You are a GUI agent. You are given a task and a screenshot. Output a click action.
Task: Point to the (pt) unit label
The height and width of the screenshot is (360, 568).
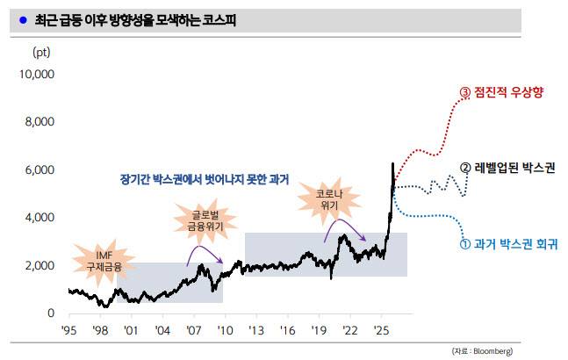pos(41,52)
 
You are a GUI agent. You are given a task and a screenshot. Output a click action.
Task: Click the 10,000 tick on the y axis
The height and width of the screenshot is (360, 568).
pos(37,75)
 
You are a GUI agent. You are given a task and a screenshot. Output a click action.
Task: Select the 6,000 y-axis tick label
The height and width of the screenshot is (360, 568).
pos(40,169)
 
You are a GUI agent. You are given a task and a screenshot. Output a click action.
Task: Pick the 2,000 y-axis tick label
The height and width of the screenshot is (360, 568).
pos(40,265)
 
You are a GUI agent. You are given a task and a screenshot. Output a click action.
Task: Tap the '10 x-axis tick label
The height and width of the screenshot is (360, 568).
pos(226,330)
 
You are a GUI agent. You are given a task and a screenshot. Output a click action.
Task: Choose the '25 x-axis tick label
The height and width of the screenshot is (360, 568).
pos(382,330)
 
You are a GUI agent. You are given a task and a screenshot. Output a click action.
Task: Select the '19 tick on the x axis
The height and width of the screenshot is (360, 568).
pos(319,330)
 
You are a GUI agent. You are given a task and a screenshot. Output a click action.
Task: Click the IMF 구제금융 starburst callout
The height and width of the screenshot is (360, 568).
pos(104,260)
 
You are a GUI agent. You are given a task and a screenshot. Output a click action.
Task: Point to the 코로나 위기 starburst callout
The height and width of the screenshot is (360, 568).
pos(318,198)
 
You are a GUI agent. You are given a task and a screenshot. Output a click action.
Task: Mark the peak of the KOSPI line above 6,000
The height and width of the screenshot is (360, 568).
pos(392,163)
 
